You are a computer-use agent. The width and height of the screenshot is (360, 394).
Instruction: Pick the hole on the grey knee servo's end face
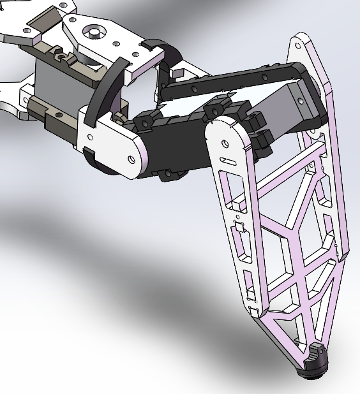[301, 99]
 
